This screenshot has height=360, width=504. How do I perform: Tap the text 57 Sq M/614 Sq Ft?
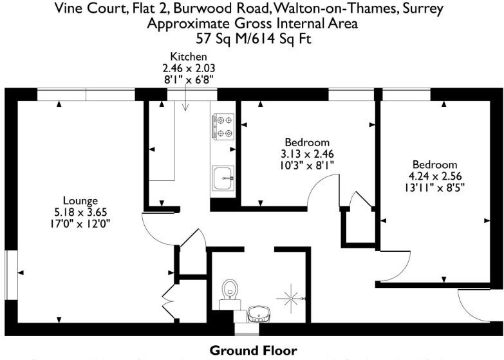[252, 40]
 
